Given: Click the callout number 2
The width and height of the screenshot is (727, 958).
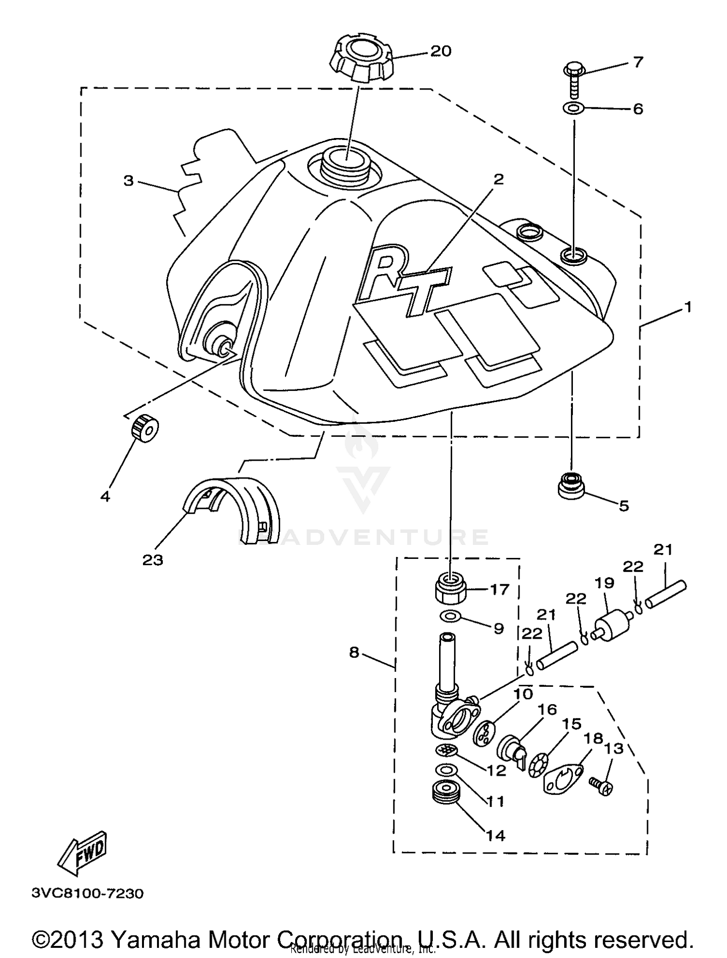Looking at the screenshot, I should click(x=498, y=180).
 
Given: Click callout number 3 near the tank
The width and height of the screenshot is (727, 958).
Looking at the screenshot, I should click(x=128, y=181).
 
